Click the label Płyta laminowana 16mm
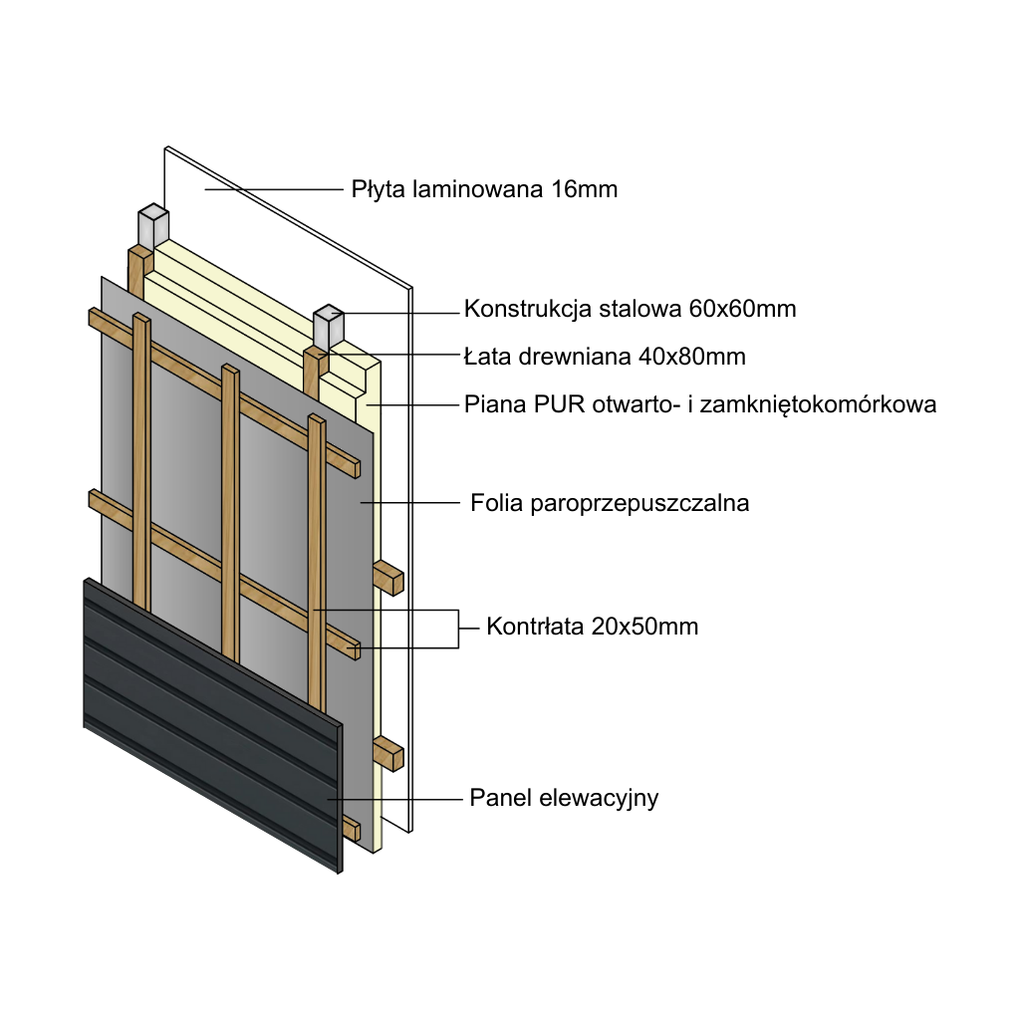point(484,189)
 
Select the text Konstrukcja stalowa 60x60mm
point(630,309)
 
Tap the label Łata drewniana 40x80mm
point(605,356)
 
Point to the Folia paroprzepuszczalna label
point(609,503)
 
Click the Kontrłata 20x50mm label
point(592,628)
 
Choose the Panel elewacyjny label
point(564,798)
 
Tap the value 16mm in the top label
point(584,189)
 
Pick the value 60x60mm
point(742,309)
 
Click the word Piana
point(495,404)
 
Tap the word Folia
point(495,503)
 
